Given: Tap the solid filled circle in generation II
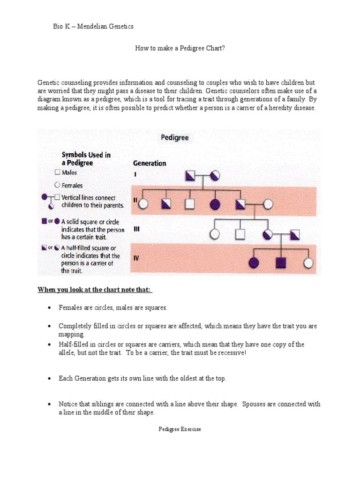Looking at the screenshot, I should [215, 204].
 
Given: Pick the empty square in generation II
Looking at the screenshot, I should [190, 204].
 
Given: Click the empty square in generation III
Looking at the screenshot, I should [240, 233].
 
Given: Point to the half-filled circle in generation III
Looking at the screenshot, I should [268, 233].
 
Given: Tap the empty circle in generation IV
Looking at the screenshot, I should [308, 262].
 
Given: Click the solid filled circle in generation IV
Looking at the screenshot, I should [255, 262].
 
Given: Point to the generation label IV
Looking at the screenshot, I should [136, 257].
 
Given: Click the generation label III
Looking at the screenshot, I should [137, 229].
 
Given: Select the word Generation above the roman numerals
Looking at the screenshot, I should [150, 164].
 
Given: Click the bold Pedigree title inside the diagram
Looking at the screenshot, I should [175, 138].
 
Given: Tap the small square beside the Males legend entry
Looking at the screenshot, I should [57, 172].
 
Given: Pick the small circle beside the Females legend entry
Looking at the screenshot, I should [57, 185].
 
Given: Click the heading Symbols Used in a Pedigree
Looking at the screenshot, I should [86, 159].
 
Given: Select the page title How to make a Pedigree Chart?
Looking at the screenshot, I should [180, 48].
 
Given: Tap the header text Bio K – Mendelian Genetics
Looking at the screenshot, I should [93, 26].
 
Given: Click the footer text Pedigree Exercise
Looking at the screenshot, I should [180, 429].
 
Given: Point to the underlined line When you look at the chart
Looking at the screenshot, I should [95, 290].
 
